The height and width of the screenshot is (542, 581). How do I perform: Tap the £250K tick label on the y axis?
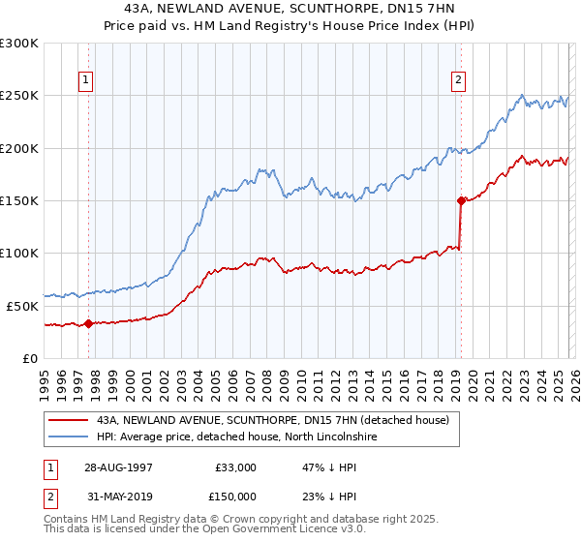pos(19,96)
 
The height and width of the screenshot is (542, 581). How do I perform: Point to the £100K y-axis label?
pos(19,253)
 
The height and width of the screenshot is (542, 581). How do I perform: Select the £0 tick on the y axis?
pos(30,358)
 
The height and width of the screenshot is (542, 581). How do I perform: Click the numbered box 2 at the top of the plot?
pos(459,81)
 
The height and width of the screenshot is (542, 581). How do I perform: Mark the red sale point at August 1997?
pos(89,323)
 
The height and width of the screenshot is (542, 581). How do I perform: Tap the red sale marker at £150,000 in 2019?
pos(461,200)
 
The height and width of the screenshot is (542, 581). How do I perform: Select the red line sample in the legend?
pos(69,421)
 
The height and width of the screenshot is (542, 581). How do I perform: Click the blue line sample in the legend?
pos(69,437)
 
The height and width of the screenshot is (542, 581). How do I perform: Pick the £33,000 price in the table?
pos(234,467)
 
